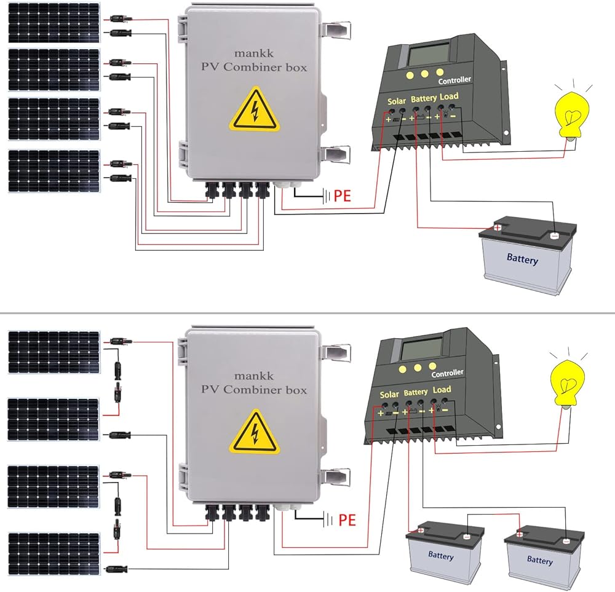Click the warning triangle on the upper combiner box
click(255, 110)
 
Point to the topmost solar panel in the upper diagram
click(54, 23)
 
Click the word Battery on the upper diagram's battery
click(522, 259)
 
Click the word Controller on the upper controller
click(454, 80)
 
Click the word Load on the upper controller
click(449, 97)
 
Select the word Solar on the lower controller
click(389, 395)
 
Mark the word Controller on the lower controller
click(447, 373)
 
